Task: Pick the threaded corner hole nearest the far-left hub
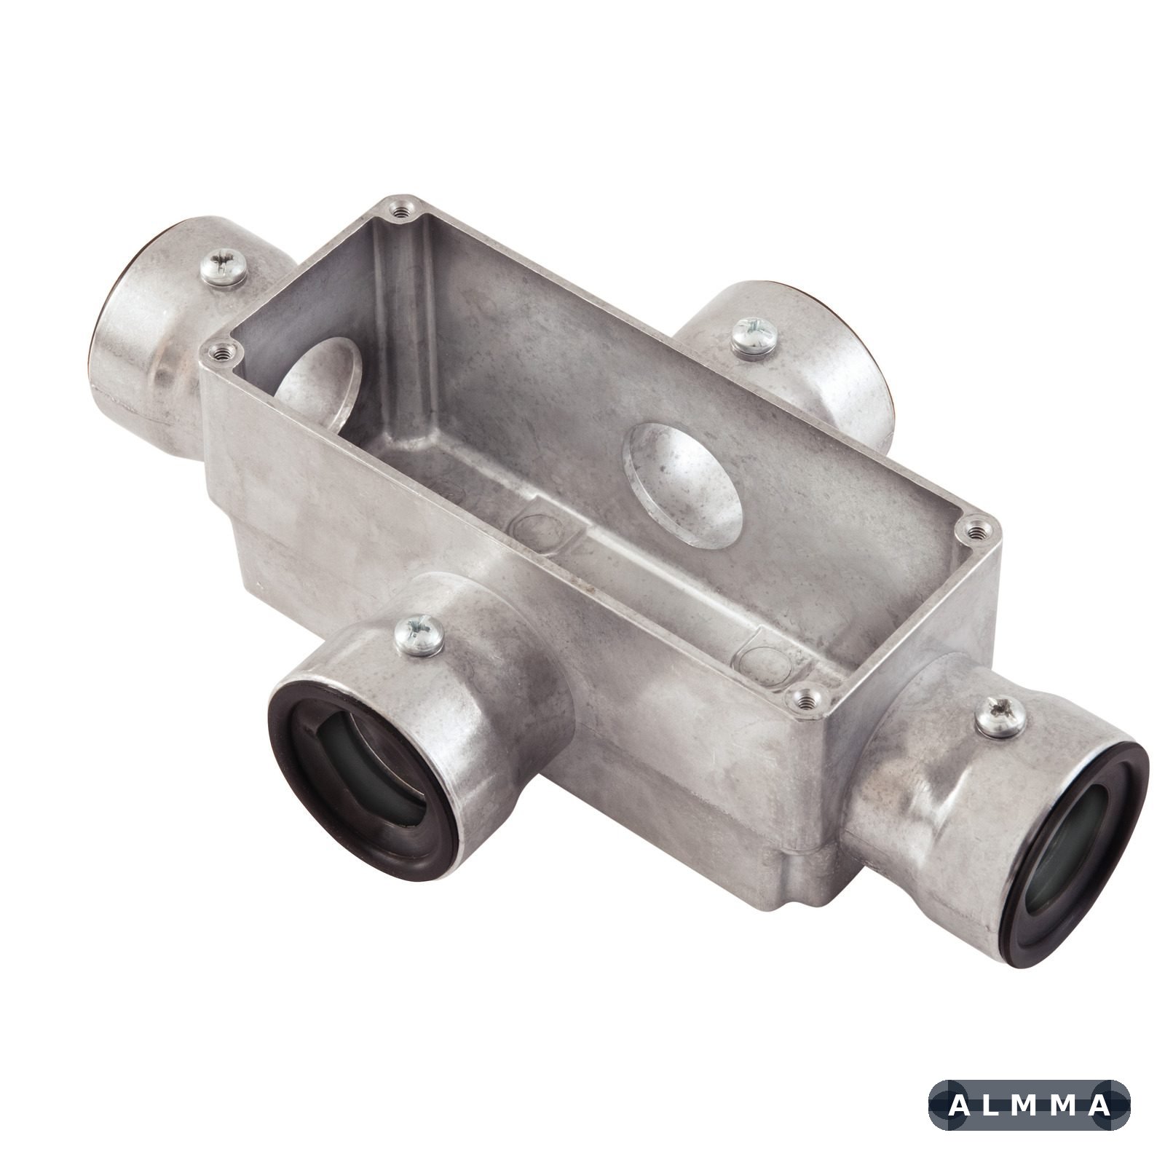pos(218,353)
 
